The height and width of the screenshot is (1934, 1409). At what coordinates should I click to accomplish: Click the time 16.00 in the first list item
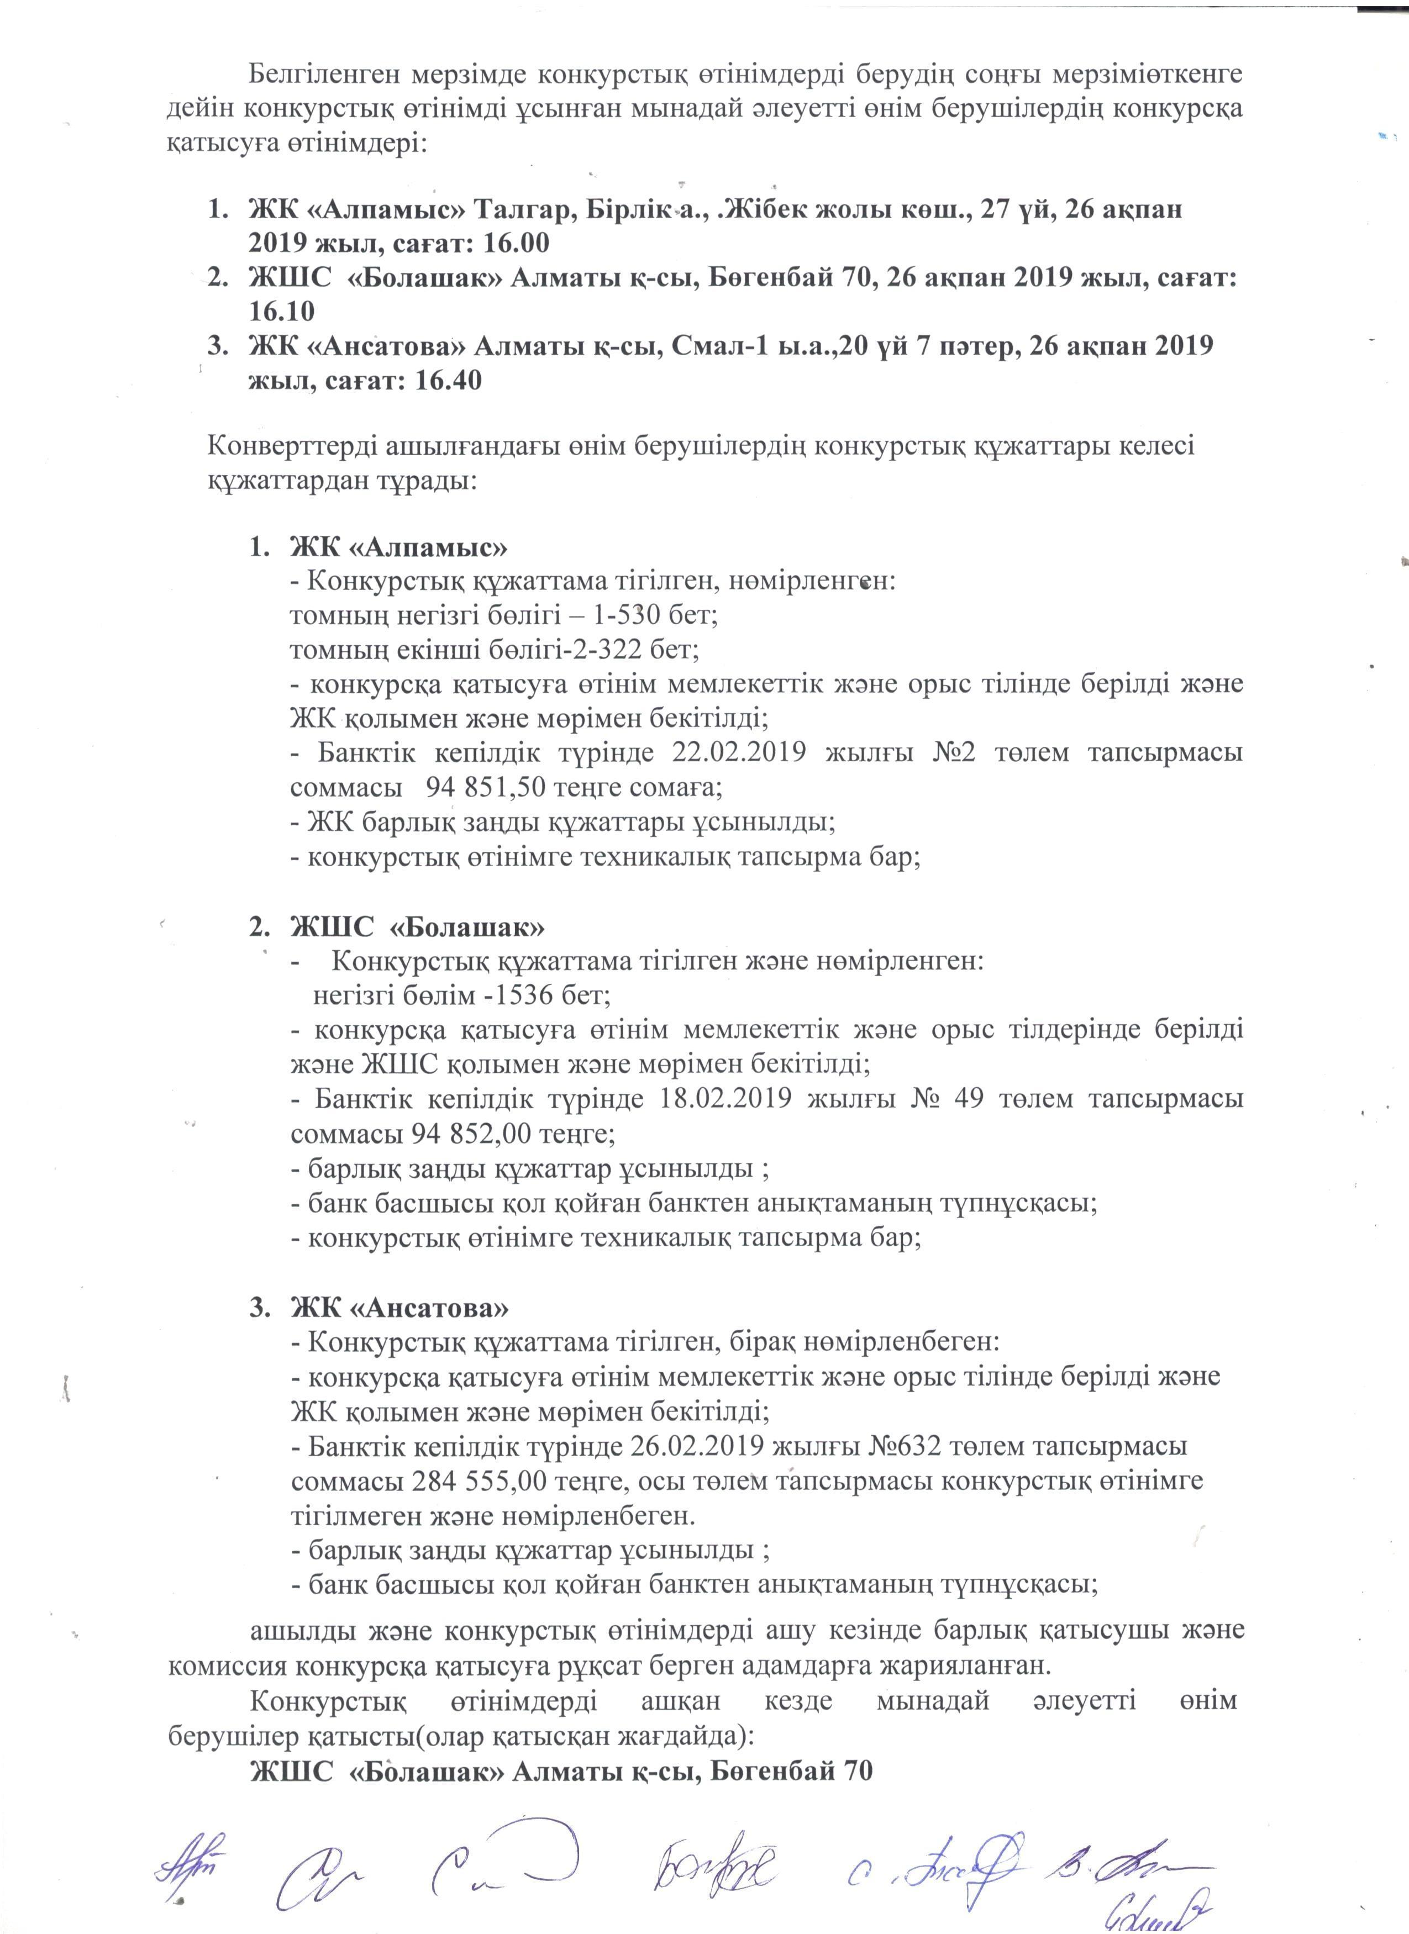click(516, 244)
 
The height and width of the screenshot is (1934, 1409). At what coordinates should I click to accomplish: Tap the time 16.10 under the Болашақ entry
click(281, 311)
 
